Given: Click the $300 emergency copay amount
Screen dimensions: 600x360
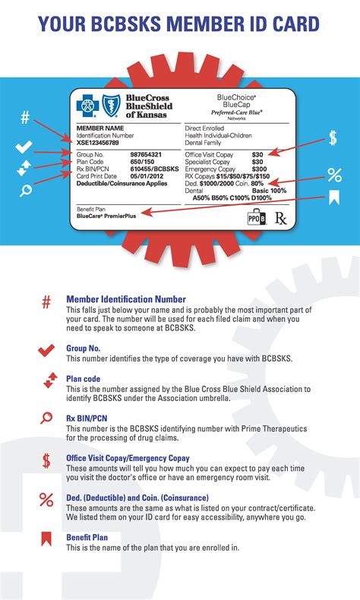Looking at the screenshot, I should point(257,169).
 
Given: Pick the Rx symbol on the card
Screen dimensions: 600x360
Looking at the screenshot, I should point(280,219).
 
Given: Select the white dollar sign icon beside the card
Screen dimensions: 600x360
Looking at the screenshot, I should point(333,138).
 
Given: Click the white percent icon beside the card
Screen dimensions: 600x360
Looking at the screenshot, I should point(334,175).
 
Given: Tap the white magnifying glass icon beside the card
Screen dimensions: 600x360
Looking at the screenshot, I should point(25,190).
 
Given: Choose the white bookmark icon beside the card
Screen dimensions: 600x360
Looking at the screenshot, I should point(333,199).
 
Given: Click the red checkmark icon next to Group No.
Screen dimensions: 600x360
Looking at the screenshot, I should point(46,349).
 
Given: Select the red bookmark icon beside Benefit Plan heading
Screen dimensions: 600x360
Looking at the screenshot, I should point(46,540).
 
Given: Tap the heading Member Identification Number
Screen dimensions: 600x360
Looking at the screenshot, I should point(125,299).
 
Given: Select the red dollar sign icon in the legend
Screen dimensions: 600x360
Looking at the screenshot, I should point(46,459).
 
